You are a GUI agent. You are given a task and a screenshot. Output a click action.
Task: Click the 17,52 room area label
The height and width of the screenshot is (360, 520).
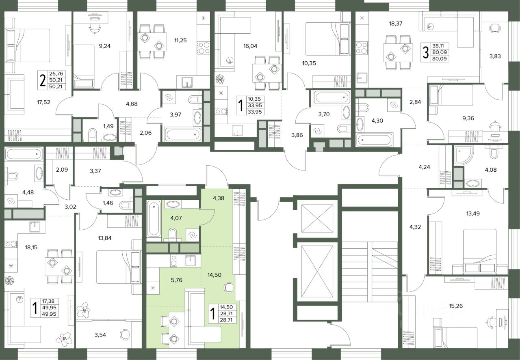[x=43, y=102]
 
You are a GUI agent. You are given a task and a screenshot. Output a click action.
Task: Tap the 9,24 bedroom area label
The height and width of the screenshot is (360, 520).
[x=105, y=46]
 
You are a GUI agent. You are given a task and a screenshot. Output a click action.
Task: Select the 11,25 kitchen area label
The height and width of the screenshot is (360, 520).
[x=180, y=40]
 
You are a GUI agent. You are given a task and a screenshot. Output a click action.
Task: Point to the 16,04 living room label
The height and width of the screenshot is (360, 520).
[x=250, y=46]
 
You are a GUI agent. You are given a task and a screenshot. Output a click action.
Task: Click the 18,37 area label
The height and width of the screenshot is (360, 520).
[x=396, y=24]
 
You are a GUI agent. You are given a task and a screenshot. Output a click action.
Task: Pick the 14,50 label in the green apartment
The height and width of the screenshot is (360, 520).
[x=214, y=275]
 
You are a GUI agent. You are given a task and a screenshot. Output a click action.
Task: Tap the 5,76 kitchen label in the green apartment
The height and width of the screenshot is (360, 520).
[x=176, y=280]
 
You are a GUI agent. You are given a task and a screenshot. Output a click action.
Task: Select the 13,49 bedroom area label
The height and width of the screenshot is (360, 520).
[x=473, y=213]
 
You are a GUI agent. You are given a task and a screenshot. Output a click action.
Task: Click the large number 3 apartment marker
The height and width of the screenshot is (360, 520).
[x=425, y=53]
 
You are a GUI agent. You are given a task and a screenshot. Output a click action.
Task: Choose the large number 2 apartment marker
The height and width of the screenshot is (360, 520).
[x=43, y=80]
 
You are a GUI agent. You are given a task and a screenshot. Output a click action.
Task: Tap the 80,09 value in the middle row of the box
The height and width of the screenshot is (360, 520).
[x=440, y=52]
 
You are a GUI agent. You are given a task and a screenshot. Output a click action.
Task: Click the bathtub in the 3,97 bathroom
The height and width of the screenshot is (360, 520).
[x=183, y=134]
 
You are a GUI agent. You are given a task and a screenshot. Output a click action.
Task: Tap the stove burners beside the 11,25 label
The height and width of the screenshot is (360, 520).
[x=203, y=47]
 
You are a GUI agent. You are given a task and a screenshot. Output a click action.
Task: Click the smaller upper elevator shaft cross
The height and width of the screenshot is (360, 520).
[x=317, y=218]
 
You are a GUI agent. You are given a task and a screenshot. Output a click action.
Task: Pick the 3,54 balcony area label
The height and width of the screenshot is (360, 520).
[x=100, y=335]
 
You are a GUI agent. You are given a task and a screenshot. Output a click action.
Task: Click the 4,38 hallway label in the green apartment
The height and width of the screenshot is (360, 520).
[x=219, y=198]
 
